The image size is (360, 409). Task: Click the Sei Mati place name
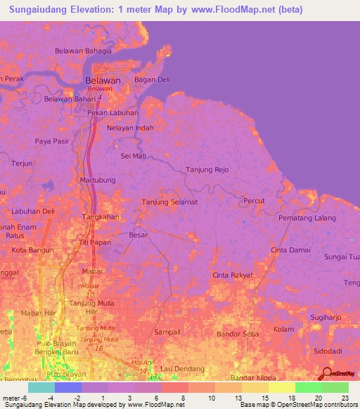[x=133, y=155]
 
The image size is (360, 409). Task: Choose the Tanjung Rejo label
[x=207, y=169]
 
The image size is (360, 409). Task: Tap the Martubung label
[x=98, y=181]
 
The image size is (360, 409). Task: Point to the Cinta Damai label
[x=290, y=250]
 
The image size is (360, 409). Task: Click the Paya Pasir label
[x=52, y=141]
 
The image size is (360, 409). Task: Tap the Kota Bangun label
[x=29, y=250]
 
